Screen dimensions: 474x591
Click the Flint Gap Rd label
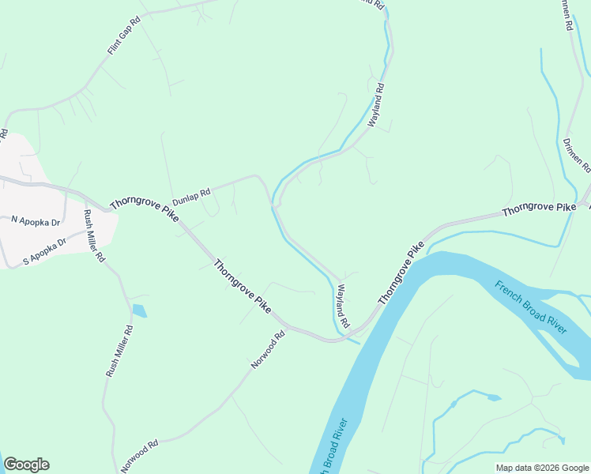click(x=124, y=37)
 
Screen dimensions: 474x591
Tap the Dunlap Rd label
click(x=192, y=195)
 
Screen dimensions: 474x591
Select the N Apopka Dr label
click(x=36, y=222)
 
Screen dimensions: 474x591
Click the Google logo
click(x=26, y=465)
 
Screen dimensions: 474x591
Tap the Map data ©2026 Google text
click(x=541, y=468)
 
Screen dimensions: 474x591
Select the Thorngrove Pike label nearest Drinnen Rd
click(x=539, y=209)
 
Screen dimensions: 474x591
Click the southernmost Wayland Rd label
click(x=343, y=307)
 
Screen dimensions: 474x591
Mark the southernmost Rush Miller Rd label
click(x=119, y=350)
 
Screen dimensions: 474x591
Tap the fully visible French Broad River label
click(x=531, y=307)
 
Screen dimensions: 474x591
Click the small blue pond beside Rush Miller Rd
click(x=139, y=310)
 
